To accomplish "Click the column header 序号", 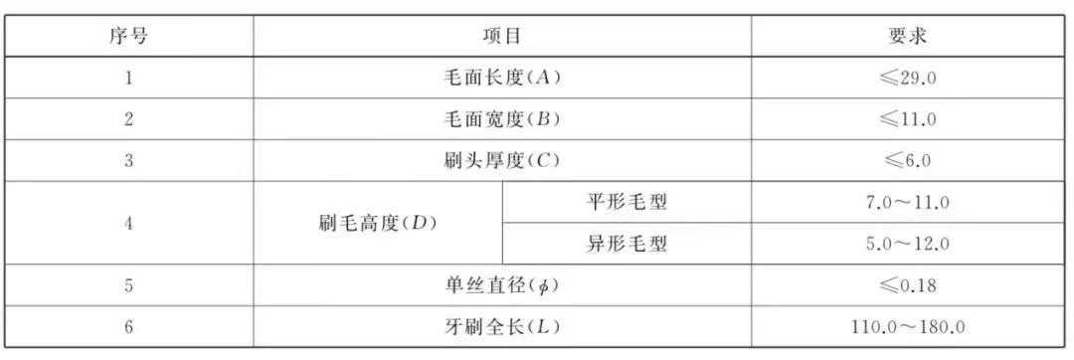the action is point(129,36).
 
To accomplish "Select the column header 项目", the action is point(502,36).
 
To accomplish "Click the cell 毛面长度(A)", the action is point(502,78).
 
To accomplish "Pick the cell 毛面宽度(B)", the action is point(502,119).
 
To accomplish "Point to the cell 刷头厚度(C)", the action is point(502,161).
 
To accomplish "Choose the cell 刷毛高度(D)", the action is point(378,223).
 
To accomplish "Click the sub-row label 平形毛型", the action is point(627,203).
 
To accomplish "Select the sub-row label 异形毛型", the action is point(627,245).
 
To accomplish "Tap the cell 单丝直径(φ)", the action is point(502,286).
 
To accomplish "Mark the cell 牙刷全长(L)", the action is point(502,327).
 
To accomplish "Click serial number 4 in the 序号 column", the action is point(129,224).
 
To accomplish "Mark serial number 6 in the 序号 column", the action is point(129,327).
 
